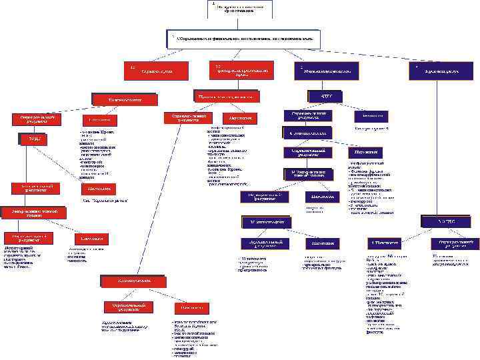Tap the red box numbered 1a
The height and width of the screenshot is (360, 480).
[152, 70]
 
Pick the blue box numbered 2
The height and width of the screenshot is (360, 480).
[326, 70]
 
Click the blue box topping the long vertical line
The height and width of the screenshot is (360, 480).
[437, 70]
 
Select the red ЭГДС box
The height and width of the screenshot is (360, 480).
[31, 138]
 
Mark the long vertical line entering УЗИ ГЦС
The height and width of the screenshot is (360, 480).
[437, 147]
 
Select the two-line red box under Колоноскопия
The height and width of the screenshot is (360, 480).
[125, 307]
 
